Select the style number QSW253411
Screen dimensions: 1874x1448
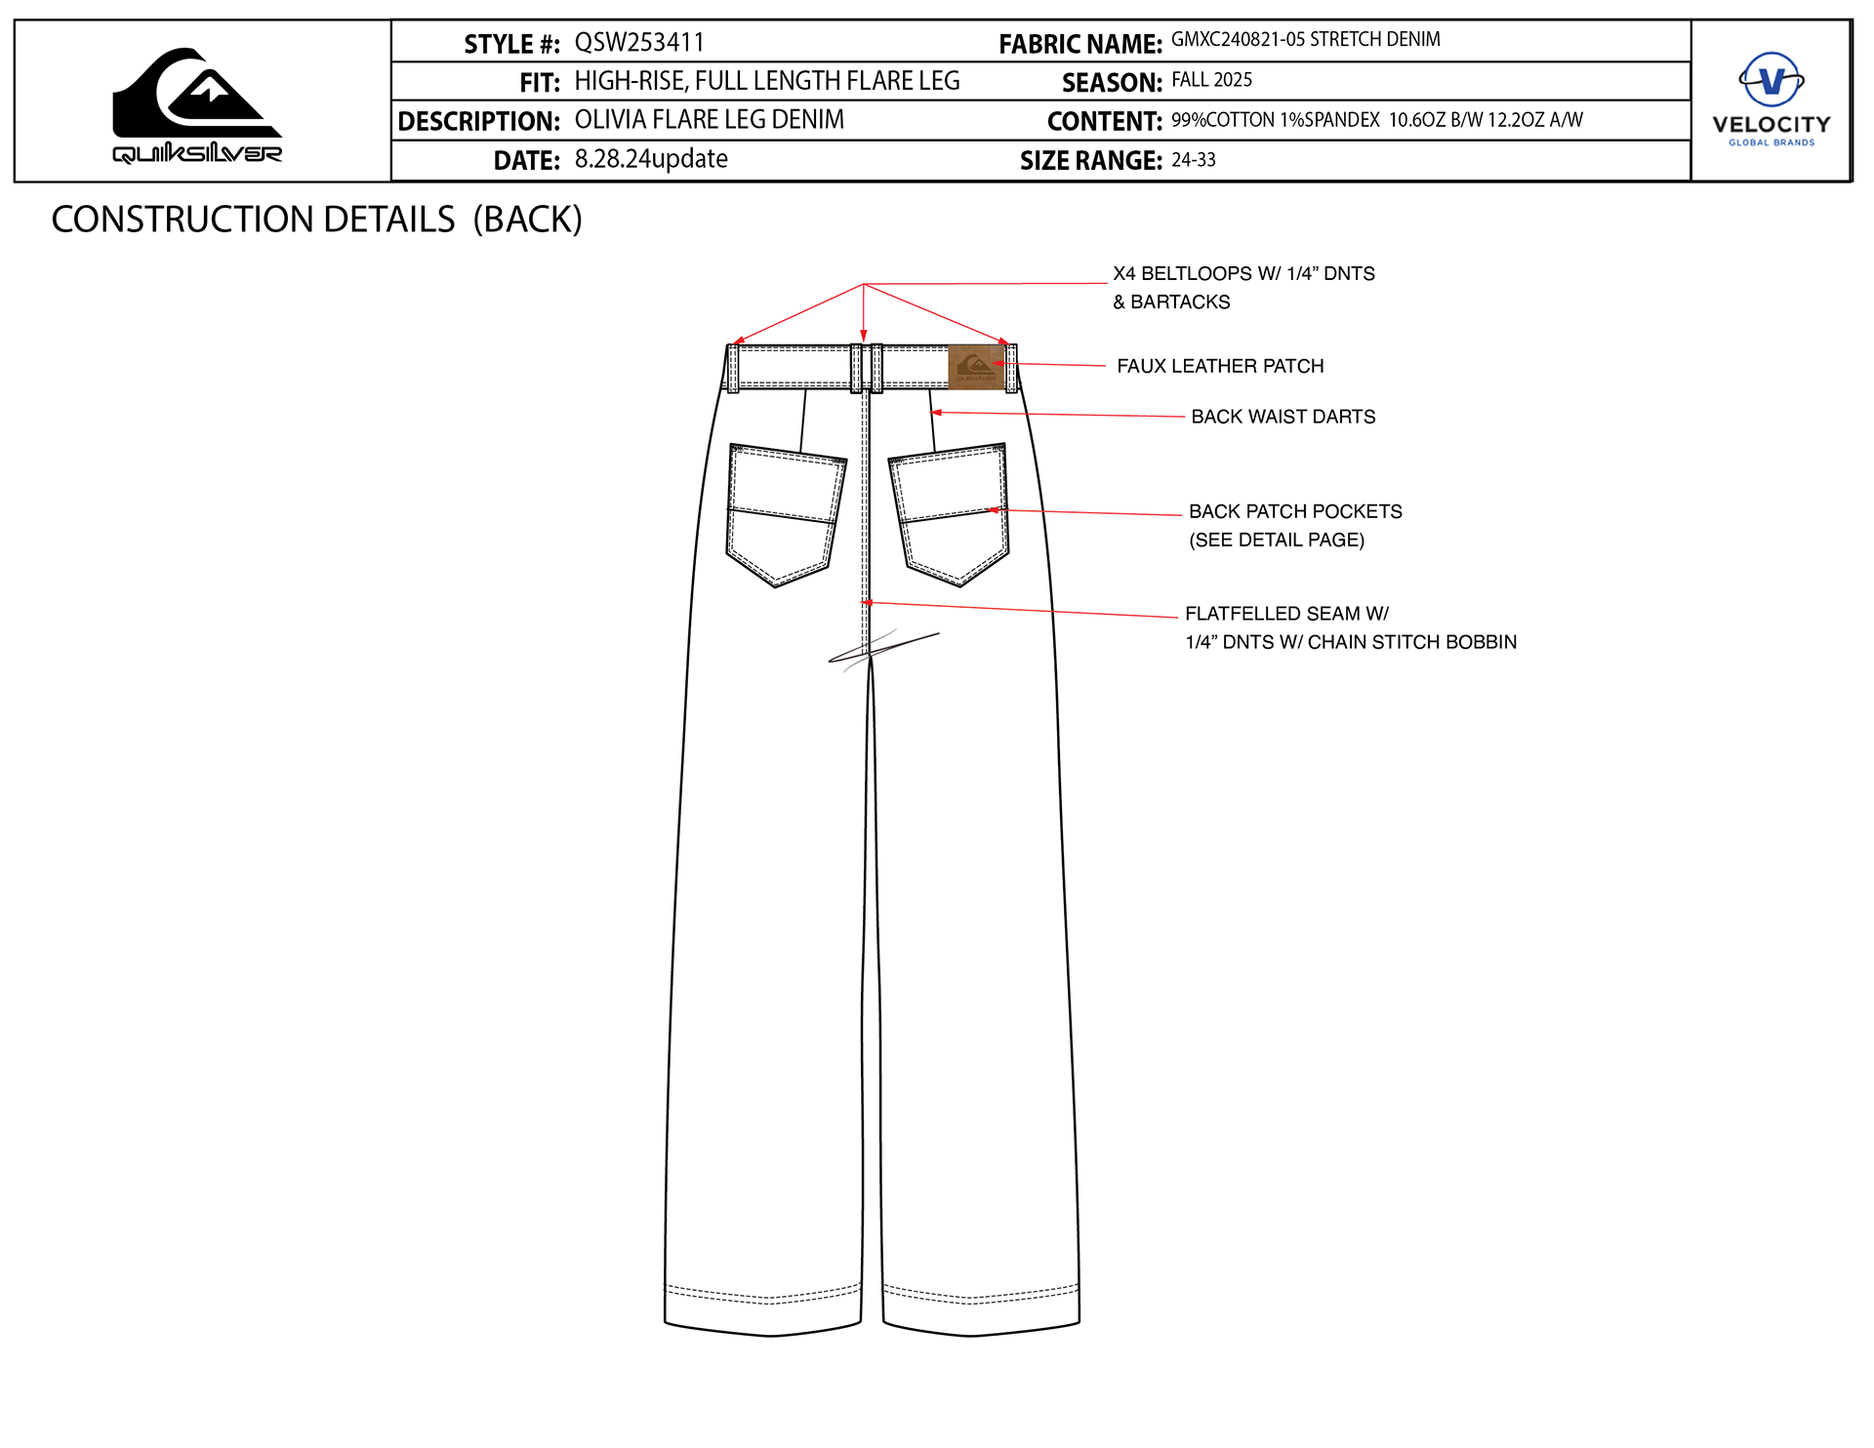pyautogui.click(x=639, y=43)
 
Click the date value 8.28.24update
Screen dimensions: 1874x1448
pyautogui.click(x=651, y=159)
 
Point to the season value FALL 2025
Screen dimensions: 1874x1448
pyautogui.click(x=1211, y=80)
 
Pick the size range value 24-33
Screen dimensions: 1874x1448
pyautogui.click(x=1194, y=160)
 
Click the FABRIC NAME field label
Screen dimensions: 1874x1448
pyautogui.click(x=1080, y=44)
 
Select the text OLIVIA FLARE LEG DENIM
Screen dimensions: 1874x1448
pyautogui.click(x=710, y=120)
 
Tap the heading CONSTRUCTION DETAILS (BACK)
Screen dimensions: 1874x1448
pyautogui.click(x=316, y=220)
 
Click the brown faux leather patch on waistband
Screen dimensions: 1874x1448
pyautogui.click(x=976, y=367)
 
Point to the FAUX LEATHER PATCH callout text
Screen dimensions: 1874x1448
pyautogui.click(x=1220, y=366)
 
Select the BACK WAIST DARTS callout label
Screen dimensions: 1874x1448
pyautogui.click(x=1283, y=417)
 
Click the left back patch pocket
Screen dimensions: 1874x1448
pyautogui.click(x=784, y=513)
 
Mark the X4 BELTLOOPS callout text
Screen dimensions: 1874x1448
pyautogui.click(x=1243, y=274)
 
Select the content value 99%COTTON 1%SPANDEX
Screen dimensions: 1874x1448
pyautogui.click(x=1275, y=120)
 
